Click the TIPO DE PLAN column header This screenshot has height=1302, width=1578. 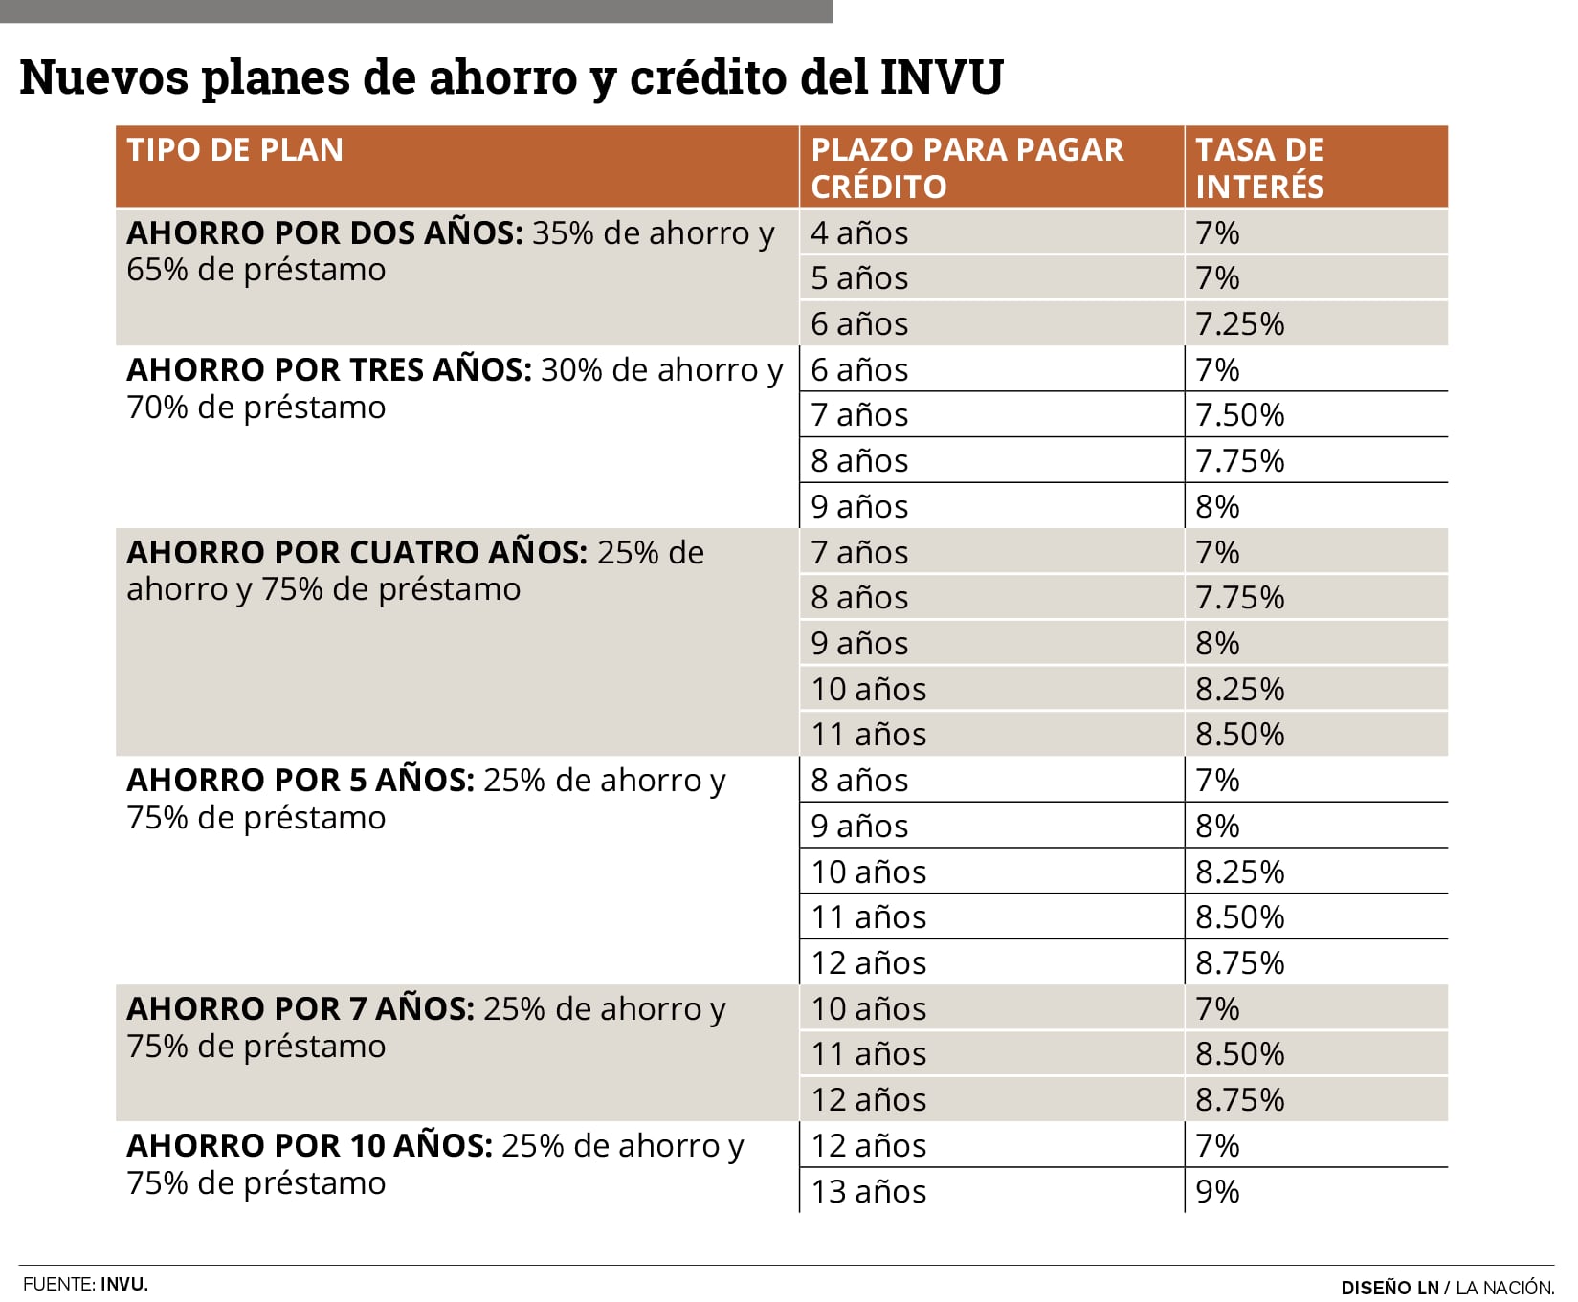[x=234, y=150]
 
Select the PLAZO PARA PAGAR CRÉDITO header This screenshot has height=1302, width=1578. [x=967, y=167]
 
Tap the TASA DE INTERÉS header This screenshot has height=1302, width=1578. [x=1259, y=167]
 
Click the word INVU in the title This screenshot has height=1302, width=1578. [x=941, y=77]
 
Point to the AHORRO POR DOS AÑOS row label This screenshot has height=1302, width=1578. [x=324, y=233]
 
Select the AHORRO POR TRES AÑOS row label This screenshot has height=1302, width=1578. [x=328, y=370]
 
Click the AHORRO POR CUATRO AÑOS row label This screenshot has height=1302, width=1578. [x=356, y=553]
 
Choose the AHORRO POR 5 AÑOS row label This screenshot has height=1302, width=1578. [x=300, y=781]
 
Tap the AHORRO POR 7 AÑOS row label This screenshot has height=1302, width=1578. [x=300, y=1009]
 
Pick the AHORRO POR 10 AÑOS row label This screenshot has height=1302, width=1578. [x=309, y=1146]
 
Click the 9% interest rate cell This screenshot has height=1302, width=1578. [x=1217, y=1192]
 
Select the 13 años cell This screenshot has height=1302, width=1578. [x=868, y=1192]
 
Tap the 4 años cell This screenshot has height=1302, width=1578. [x=858, y=233]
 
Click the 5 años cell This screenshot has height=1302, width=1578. [x=858, y=278]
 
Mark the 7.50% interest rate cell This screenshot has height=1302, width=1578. [x=1239, y=415]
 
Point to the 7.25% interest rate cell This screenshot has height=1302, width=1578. [x=1239, y=324]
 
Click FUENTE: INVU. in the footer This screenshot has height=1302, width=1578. [x=85, y=1285]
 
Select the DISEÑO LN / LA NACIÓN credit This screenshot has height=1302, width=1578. [x=1446, y=1288]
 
